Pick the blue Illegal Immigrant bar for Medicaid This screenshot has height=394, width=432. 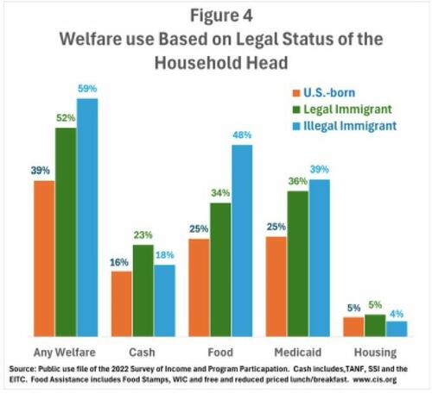(320, 258)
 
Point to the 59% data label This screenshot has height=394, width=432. (88, 90)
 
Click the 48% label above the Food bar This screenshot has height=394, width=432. (243, 135)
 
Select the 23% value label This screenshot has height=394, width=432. (143, 235)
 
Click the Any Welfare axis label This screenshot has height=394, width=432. (64, 352)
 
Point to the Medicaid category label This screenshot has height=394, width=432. (298, 352)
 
